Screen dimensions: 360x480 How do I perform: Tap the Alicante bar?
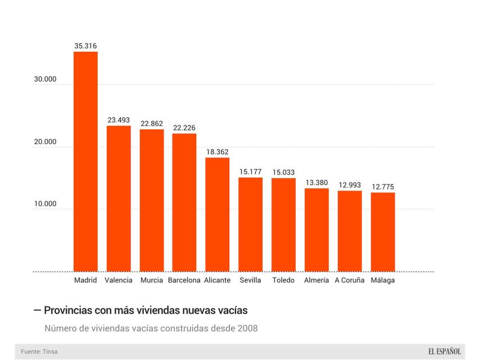[217, 214]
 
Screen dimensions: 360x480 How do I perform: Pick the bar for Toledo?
[283, 224]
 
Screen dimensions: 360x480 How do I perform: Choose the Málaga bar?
[383, 232]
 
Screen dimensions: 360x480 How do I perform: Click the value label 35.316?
[85, 46]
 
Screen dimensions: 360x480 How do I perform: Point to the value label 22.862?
[152, 123]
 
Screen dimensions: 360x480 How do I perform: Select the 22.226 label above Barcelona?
[184, 128]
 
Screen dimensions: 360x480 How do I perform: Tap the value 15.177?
[250, 172]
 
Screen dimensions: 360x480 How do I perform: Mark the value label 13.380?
[316, 182]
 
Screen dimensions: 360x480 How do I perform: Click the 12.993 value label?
[350, 185]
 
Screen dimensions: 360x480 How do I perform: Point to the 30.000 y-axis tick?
[46, 79]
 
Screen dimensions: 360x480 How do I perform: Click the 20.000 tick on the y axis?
[46, 142]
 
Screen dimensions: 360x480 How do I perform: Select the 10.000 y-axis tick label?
[46, 204]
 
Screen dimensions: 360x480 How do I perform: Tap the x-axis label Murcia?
[152, 280]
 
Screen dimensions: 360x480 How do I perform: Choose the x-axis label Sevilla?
[250, 280]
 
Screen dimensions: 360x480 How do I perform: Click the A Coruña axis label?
[350, 280]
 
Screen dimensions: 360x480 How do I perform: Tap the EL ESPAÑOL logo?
[444, 352]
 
